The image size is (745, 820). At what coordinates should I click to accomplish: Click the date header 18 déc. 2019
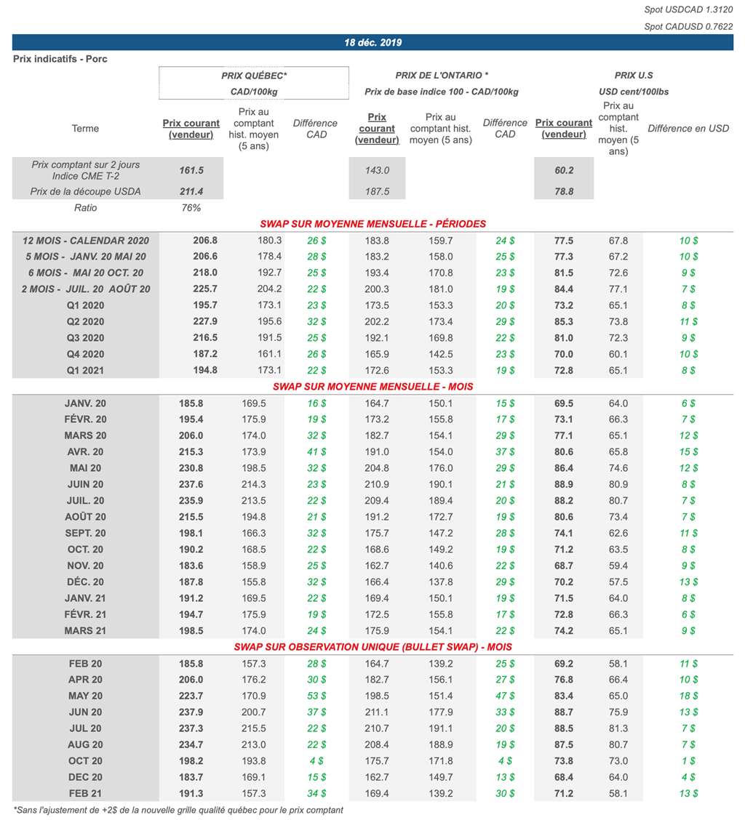tap(372, 43)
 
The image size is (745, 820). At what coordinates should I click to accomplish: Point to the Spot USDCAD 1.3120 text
tap(688, 9)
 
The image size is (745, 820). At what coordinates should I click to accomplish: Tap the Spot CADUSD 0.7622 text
tap(688, 27)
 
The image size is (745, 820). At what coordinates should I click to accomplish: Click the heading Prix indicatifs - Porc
tap(60, 59)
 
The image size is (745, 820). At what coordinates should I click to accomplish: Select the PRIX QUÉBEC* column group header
tap(254, 76)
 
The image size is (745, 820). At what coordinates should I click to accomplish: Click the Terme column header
tap(86, 129)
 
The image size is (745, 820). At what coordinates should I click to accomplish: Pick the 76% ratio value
tap(191, 208)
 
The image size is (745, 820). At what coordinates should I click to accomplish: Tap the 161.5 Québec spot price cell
tap(191, 169)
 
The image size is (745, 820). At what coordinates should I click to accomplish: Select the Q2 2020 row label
tap(86, 321)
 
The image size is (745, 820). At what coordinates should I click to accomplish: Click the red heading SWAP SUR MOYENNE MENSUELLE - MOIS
tap(372, 386)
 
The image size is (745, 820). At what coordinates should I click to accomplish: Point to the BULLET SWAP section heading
tap(372, 647)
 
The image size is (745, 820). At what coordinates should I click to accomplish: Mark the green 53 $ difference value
tap(315, 696)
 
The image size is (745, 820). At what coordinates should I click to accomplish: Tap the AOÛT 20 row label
tap(86, 516)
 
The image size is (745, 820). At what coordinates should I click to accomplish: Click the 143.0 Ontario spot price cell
tap(376, 169)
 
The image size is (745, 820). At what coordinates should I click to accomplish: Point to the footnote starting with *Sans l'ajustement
tap(178, 810)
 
